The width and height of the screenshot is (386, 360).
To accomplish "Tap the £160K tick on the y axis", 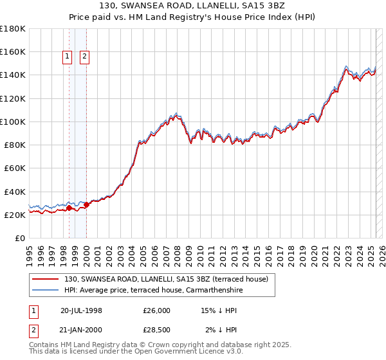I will point(13,51).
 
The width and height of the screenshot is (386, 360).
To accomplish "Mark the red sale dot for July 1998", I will point(69,208).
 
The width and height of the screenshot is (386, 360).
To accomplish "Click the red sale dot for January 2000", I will point(86,204).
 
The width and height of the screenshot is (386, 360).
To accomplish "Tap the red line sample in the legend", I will point(46,279).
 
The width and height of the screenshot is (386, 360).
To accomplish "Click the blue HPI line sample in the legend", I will point(46,289).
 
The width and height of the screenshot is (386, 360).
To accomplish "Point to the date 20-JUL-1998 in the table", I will point(81,310).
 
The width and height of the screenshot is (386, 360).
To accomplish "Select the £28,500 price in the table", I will point(157,330).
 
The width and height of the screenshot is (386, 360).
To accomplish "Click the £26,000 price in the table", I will point(157,310).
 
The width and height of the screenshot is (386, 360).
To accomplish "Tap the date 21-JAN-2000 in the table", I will point(81,330).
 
